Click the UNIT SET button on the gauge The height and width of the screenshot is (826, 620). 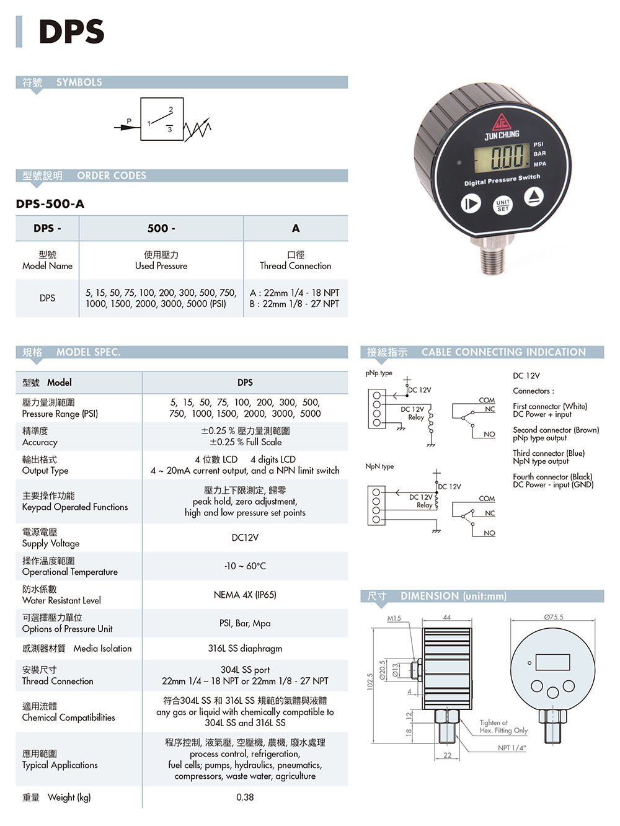pos(503,205)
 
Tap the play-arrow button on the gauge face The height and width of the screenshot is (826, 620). pos(471,203)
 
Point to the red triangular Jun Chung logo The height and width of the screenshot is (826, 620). pos(502,122)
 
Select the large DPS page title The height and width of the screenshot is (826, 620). pos(71,31)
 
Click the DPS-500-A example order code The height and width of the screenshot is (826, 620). pos(50,204)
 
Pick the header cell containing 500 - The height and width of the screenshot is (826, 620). pos(161,228)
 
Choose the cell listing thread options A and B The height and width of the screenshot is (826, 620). pos(295,298)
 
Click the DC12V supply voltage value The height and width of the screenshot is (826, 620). pos(245,538)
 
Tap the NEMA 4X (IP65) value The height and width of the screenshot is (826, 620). pos(245,595)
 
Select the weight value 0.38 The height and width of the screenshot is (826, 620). pos(245,797)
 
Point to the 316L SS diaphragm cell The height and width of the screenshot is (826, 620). pos(245,649)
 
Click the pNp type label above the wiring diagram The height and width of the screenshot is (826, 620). pos(378,373)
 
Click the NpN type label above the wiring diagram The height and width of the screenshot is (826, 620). pos(379,466)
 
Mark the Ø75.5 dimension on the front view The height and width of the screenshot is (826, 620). pos(554,617)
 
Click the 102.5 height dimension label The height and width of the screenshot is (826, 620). pos(370,682)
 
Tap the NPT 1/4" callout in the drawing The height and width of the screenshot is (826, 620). pos(511,748)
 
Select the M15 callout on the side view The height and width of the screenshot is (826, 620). pos(394,618)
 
